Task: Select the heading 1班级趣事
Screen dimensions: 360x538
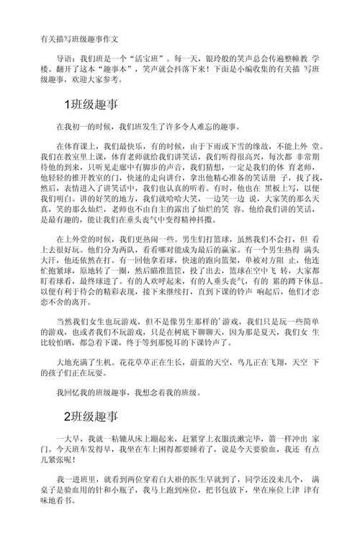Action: [94, 105]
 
